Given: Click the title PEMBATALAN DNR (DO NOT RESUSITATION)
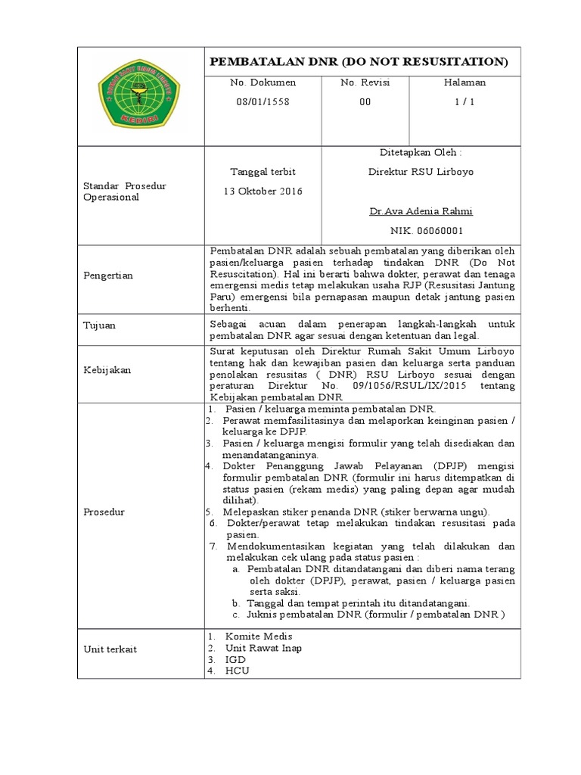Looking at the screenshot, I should (359, 61).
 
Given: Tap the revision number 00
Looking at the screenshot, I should (365, 101).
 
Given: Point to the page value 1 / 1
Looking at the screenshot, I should (464, 101).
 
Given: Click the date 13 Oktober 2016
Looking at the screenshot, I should (263, 191).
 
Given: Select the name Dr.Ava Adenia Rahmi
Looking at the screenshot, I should (421, 211).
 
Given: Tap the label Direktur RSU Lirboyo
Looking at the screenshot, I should (421, 172).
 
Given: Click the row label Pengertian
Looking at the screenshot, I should (107, 275).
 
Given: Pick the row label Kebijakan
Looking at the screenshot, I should (107, 370).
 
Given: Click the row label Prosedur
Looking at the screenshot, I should (104, 512).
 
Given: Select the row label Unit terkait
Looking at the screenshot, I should (110, 649).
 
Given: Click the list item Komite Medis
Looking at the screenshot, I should (258, 636).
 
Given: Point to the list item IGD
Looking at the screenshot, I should (235, 659).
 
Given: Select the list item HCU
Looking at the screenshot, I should (236, 671).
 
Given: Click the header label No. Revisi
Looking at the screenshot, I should (365, 82).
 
